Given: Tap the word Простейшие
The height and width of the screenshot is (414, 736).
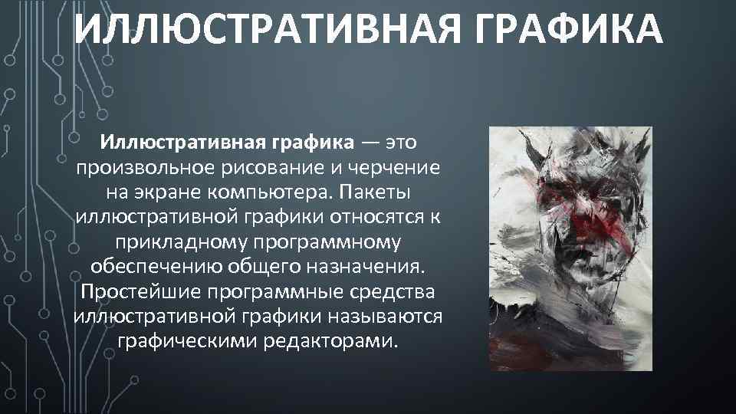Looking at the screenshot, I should [140, 294].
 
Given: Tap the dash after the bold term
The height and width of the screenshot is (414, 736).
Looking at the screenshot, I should [370, 143].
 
